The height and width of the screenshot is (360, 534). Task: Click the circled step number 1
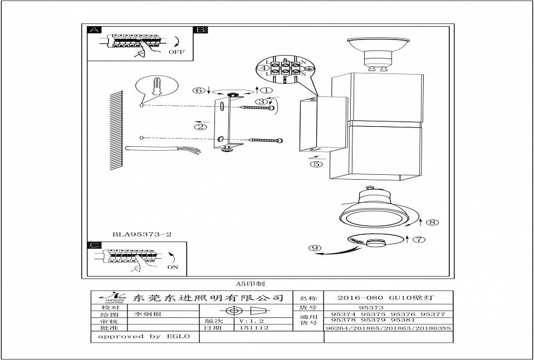pos(266,90)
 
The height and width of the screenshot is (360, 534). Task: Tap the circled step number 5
pos(316,164)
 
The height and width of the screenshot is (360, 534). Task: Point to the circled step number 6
pos(199,90)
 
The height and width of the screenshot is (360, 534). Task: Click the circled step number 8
pos(433,223)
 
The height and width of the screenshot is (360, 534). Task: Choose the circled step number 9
pos(316,248)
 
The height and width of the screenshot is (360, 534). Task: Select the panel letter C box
pos(95,245)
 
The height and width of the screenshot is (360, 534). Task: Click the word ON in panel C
pos(173,267)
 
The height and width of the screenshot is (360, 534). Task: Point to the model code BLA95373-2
pos(142,234)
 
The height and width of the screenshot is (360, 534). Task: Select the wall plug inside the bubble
pos(156,87)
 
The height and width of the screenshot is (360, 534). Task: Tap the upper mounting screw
pos(259,110)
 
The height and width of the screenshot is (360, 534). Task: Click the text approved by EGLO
pos(144,337)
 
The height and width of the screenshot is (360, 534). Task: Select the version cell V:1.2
pos(249,321)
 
